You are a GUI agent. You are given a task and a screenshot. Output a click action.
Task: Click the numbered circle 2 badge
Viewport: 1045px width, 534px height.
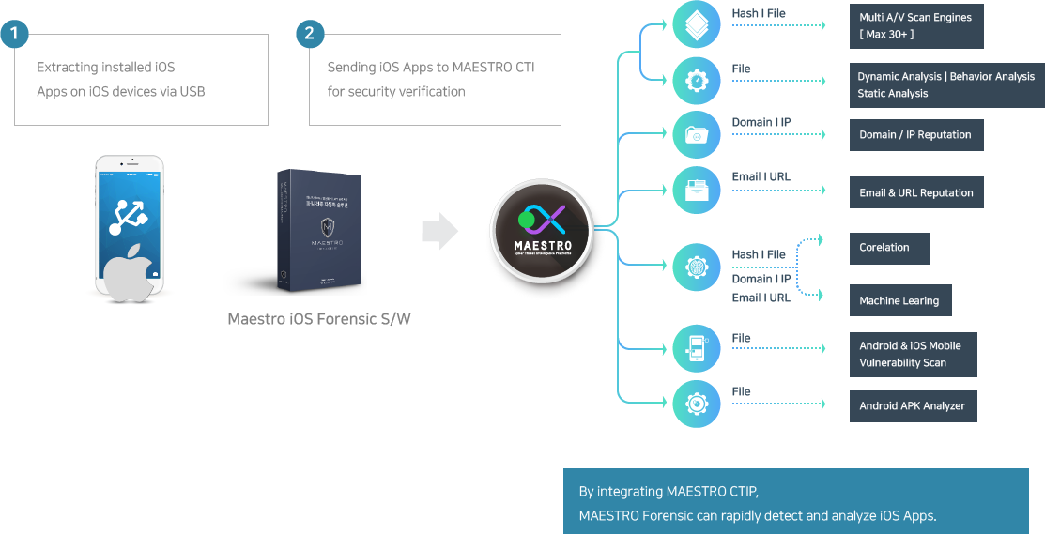(310, 35)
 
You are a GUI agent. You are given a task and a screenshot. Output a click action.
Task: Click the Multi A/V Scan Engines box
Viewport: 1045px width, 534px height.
(915, 26)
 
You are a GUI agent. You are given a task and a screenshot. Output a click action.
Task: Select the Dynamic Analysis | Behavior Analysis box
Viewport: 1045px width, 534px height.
(945, 84)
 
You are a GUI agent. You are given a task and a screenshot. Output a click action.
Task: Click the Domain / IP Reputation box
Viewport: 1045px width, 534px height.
(915, 135)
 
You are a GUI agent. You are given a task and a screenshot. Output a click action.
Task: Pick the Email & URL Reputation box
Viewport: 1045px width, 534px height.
(915, 192)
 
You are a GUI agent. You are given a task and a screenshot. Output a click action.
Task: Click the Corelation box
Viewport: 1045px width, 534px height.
(889, 248)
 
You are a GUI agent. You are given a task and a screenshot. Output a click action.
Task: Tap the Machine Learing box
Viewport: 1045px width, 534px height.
(899, 300)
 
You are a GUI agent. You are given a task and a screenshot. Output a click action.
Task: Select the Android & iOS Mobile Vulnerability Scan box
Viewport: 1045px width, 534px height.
(913, 354)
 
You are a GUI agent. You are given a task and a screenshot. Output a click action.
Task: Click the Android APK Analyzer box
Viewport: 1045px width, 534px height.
(913, 406)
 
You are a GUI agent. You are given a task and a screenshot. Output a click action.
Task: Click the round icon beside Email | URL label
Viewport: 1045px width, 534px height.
(697, 190)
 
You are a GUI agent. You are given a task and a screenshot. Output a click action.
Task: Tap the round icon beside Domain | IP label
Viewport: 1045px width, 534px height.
(697, 135)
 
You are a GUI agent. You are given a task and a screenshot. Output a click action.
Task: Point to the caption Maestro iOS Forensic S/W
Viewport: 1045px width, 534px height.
(318, 319)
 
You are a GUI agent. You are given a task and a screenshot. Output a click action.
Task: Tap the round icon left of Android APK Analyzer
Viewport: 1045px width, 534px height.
(697, 404)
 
